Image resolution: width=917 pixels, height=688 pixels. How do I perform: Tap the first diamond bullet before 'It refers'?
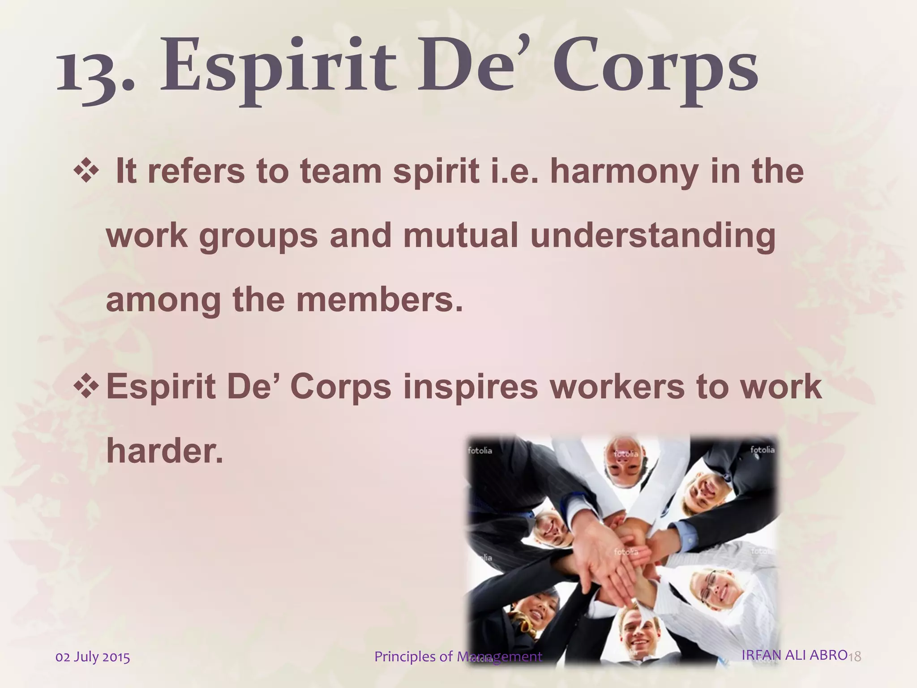[x=86, y=172]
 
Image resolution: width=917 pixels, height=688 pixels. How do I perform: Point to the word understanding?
[x=652, y=236]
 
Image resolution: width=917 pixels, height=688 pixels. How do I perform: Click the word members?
[x=379, y=300]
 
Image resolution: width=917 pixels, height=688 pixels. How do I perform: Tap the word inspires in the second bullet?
[x=470, y=387]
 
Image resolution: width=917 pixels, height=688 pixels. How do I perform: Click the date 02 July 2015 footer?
[x=93, y=657]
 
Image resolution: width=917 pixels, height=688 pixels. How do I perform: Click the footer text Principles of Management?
[x=458, y=657]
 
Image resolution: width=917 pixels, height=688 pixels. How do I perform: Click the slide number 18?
[x=855, y=657]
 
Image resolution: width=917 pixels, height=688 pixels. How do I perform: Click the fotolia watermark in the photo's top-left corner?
[x=480, y=451]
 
